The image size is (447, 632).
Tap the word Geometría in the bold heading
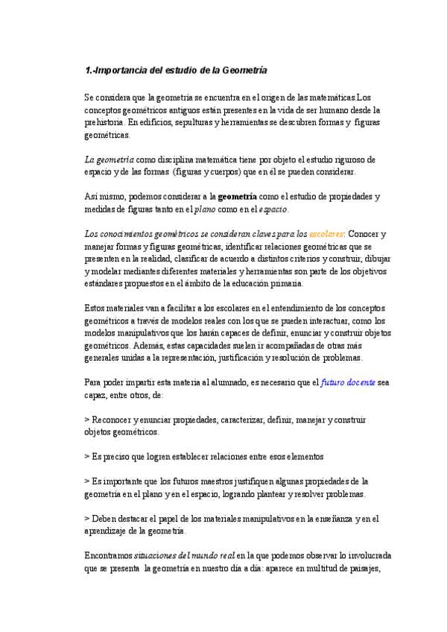pyautogui.click(x=240, y=70)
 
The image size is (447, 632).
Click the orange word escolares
pyautogui.click(x=326, y=233)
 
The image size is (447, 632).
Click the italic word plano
pyautogui.click(x=205, y=209)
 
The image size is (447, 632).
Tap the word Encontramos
pyautogui.click(x=108, y=556)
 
